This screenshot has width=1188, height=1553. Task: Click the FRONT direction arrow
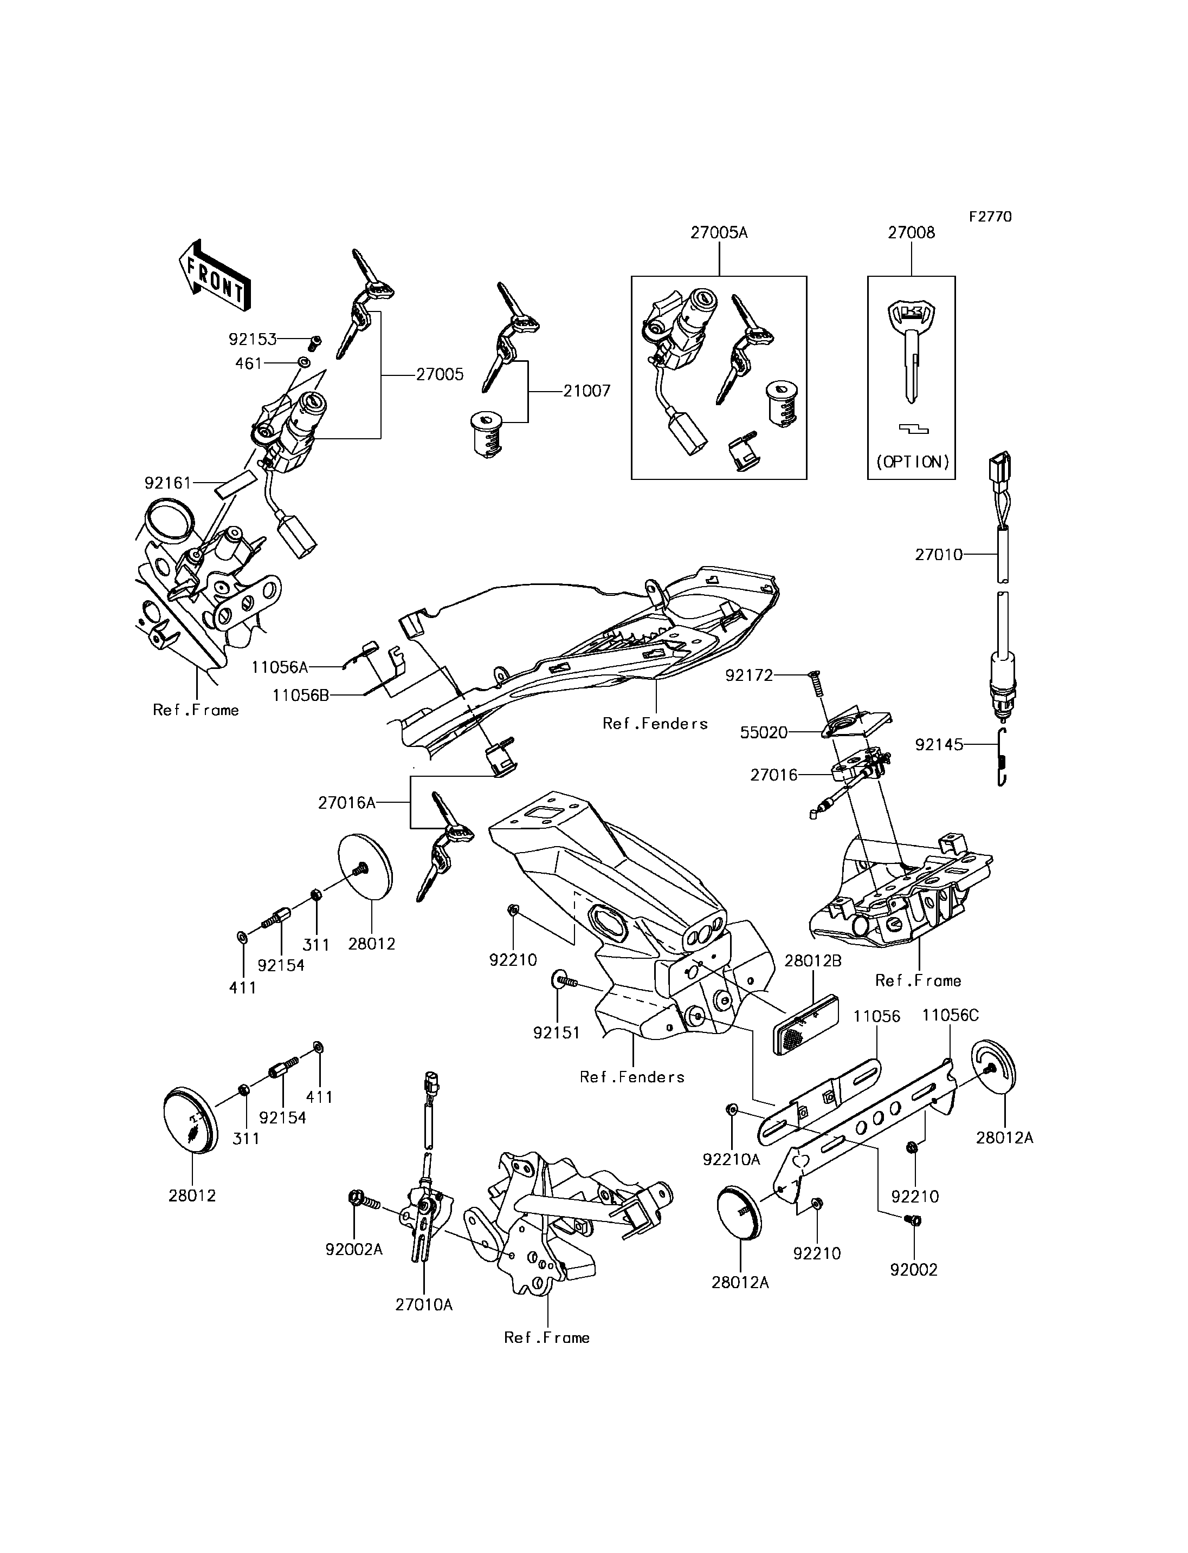214,275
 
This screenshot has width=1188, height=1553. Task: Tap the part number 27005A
719,232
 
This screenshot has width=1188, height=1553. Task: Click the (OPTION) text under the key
912,462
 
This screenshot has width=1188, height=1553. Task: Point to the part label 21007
586,391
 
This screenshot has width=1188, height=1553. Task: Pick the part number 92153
253,339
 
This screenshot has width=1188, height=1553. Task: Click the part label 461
248,363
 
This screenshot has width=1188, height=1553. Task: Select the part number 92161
169,483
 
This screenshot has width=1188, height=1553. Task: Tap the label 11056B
301,696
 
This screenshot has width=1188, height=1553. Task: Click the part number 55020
764,732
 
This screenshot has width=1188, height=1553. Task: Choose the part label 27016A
346,802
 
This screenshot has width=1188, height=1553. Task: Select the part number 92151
557,1033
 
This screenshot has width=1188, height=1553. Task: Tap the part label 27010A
424,1305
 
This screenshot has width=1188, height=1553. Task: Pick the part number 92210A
731,1159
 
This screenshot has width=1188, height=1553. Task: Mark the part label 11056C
951,1015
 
